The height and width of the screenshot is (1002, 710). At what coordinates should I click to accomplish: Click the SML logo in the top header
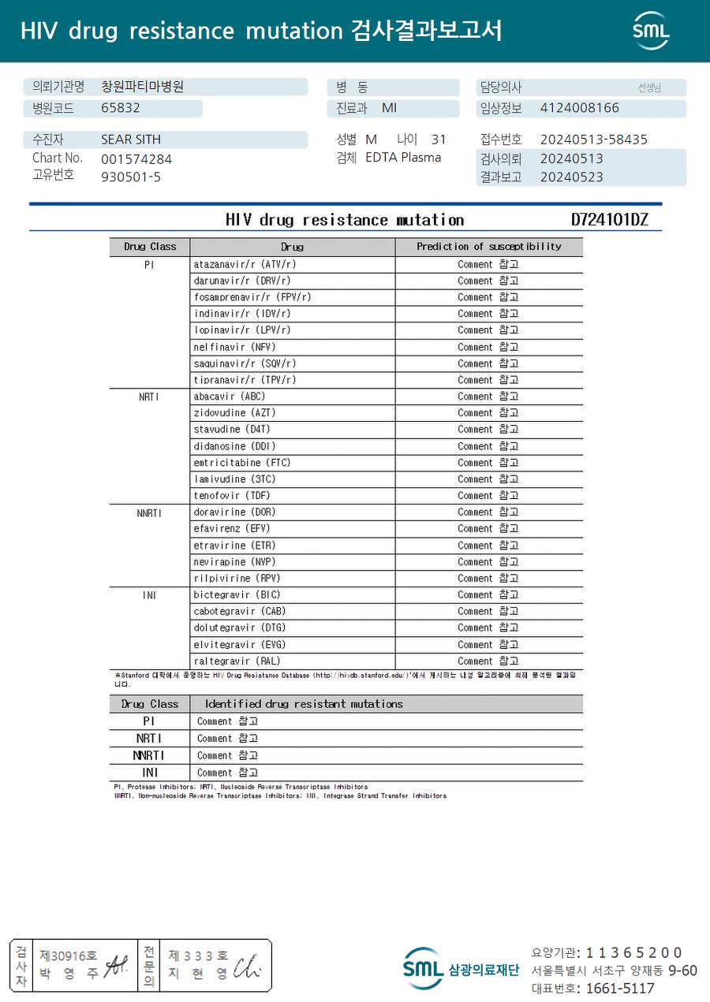pyautogui.click(x=651, y=31)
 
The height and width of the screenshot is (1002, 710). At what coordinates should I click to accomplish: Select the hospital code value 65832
pyautogui.click(x=121, y=108)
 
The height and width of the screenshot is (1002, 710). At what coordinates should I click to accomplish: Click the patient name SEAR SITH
pyautogui.click(x=131, y=140)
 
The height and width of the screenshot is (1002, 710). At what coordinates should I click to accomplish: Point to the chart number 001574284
pyautogui.click(x=136, y=159)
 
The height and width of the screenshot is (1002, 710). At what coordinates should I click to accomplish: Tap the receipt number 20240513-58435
pyautogui.click(x=593, y=140)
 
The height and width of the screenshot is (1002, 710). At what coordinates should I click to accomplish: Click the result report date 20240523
pyautogui.click(x=571, y=177)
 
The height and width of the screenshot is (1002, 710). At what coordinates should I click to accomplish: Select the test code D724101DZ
pyautogui.click(x=609, y=220)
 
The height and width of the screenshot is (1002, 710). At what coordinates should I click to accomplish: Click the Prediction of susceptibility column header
pyautogui.click(x=489, y=247)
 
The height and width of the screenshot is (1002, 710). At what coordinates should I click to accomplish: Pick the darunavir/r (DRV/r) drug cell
pyautogui.click(x=242, y=281)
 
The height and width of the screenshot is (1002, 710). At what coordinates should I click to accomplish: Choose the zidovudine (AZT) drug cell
pyautogui.click(x=235, y=413)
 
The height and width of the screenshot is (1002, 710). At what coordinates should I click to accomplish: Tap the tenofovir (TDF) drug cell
pyautogui.click(x=232, y=496)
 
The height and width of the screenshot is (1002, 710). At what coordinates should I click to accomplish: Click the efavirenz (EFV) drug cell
pyautogui.click(x=232, y=529)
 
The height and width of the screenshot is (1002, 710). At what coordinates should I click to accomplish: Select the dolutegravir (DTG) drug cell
pyautogui.click(x=240, y=628)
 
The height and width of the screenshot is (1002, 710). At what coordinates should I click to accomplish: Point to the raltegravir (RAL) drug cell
pyautogui.click(x=237, y=661)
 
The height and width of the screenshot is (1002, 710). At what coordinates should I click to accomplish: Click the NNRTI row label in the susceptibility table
pyautogui.click(x=149, y=513)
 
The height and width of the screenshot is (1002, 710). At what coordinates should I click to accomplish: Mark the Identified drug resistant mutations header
pyautogui.click(x=304, y=704)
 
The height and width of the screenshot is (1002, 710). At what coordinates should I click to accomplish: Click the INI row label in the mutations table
pyautogui.click(x=149, y=773)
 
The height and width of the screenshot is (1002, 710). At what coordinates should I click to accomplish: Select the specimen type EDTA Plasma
pyautogui.click(x=403, y=158)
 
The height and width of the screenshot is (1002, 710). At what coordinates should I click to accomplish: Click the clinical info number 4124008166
pyautogui.click(x=580, y=108)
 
